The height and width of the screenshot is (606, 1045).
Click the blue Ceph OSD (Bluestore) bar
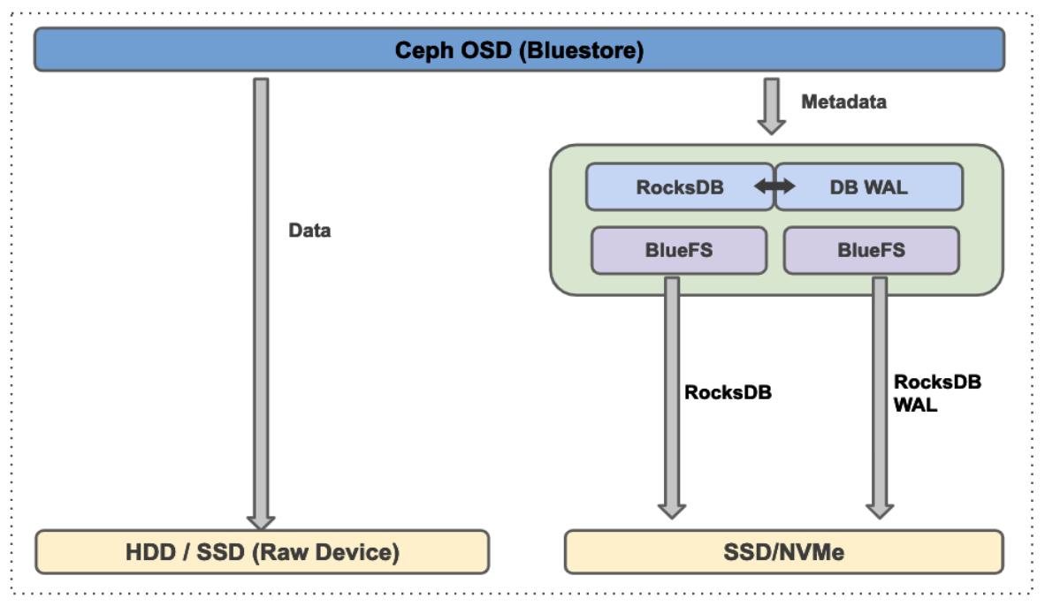point(519,49)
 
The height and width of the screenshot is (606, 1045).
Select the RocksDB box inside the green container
point(679,186)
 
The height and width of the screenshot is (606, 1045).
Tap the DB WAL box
point(869,186)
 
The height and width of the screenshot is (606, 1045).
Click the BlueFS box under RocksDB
point(679,250)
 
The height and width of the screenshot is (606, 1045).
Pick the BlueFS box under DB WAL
point(871,250)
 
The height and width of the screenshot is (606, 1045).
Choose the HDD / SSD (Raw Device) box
point(262,552)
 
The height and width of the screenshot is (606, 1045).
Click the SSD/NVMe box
point(783,552)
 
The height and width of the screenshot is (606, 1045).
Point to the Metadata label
point(843,102)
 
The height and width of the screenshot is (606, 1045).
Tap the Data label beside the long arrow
point(309,231)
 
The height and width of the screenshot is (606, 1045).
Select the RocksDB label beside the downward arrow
point(728,392)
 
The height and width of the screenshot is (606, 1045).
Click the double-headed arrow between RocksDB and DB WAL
point(774,186)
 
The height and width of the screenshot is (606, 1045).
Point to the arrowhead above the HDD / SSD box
point(261,520)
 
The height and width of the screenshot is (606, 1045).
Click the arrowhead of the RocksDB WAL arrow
point(880,510)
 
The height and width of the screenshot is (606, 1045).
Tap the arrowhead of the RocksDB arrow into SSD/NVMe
point(672,510)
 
